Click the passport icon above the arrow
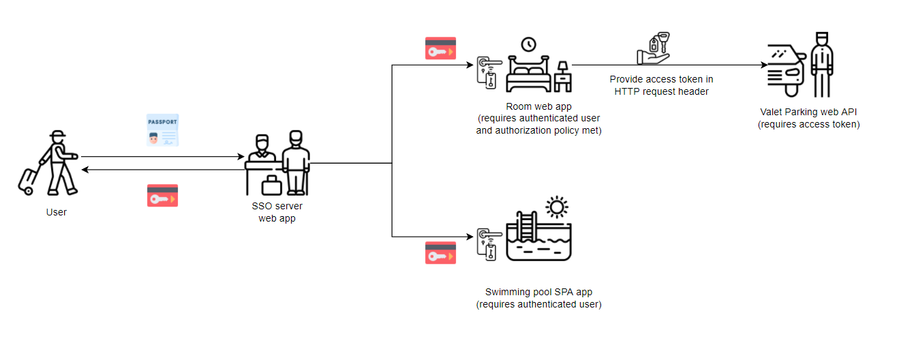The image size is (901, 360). pyautogui.click(x=162, y=130)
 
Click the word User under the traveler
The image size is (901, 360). pyautogui.click(x=57, y=212)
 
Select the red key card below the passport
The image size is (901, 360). pyautogui.click(x=163, y=196)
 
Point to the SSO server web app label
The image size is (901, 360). pyautogui.click(x=277, y=212)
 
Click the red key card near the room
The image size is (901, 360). pyautogui.click(x=440, y=48)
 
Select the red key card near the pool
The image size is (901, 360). pyautogui.click(x=440, y=253)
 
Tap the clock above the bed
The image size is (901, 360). pyautogui.click(x=528, y=45)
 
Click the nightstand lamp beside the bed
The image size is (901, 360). pyautogui.click(x=563, y=74)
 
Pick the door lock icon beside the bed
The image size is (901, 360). pyautogui.click(x=489, y=72)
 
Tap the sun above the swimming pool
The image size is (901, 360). pyautogui.click(x=557, y=206)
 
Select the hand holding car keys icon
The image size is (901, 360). pyautogui.click(x=653, y=50)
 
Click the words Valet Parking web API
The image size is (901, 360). pyautogui.click(x=808, y=112)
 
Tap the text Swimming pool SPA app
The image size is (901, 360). pyautogui.click(x=538, y=292)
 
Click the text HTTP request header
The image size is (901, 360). pyautogui.click(x=661, y=91)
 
